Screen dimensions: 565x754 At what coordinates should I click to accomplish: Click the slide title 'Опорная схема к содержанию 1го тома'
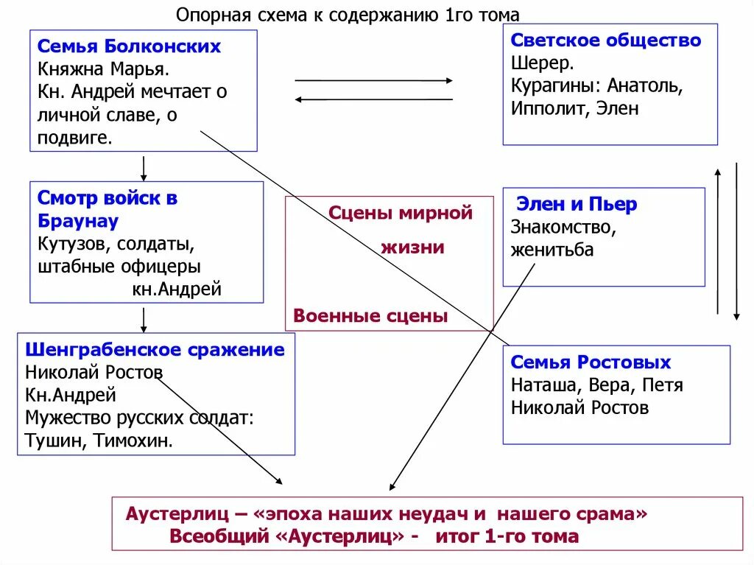click(348, 15)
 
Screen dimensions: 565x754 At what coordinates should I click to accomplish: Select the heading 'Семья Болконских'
click(129, 46)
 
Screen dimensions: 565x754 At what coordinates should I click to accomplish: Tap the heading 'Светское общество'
click(605, 41)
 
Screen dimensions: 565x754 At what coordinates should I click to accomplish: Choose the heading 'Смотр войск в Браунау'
click(107, 209)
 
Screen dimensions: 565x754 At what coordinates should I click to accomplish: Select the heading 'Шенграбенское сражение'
click(155, 349)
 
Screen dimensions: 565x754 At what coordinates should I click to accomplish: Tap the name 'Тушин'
click(51, 441)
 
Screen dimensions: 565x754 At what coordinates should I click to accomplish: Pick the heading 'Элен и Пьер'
click(577, 204)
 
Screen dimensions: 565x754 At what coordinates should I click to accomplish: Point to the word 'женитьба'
click(552, 250)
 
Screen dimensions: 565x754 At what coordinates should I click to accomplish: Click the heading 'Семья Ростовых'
click(591, 362)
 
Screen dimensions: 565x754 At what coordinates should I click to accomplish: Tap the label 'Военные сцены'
click(370, 316)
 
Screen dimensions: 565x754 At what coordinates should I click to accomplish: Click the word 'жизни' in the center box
click(412, 247)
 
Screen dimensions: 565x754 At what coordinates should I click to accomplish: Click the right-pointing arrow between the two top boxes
click(374, 80)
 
